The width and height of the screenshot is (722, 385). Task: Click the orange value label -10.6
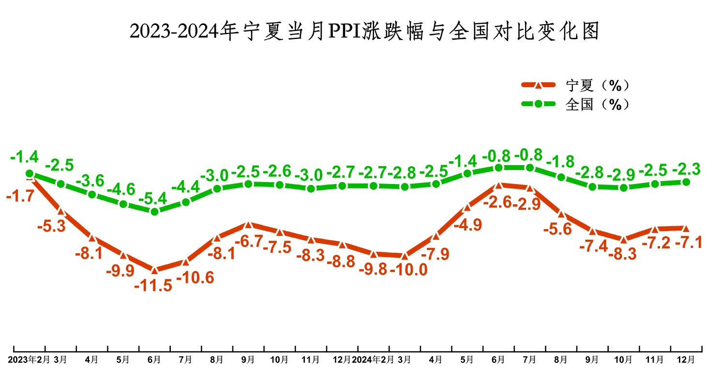click(196, 278)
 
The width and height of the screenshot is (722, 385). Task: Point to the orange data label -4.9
click(468, 225)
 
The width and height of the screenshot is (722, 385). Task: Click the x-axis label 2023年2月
click(29, 360)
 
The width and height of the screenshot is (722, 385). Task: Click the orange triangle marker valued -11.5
click(154, 269)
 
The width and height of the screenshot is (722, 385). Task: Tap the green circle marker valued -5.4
click(154, 212)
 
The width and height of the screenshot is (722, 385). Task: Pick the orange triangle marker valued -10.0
click(405, 256)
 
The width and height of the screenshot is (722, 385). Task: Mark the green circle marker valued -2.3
click(686, 182)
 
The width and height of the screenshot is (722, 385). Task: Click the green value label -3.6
click(91, 180)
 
